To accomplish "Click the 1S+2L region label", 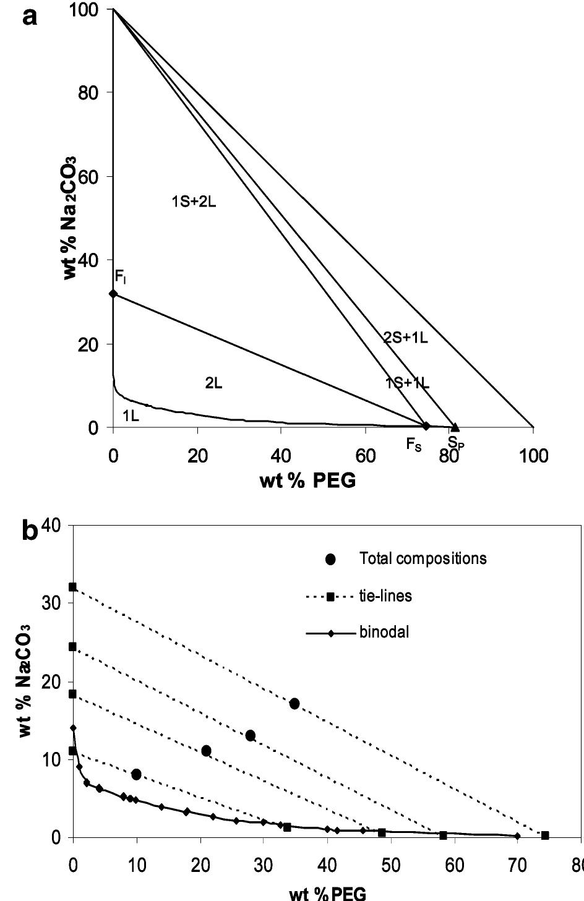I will [x=194, y=201].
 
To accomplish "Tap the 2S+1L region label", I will [x=405, y=337].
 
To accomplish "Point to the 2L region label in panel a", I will [x=213, y=383].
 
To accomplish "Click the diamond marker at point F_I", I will [x=113, y=293].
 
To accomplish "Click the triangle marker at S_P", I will [x=455, y=427].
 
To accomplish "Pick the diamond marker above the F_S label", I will [x=426, y=425].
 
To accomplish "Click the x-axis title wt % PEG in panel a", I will [x=307, y=480].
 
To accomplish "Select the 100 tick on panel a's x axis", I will [x=533, y=456].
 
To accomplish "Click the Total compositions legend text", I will [x=423, y=558].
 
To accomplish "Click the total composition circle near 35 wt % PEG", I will [x=294, y=704].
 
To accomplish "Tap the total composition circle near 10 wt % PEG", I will [x=136, y=774].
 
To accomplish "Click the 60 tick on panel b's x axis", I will [x=455, y=864].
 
